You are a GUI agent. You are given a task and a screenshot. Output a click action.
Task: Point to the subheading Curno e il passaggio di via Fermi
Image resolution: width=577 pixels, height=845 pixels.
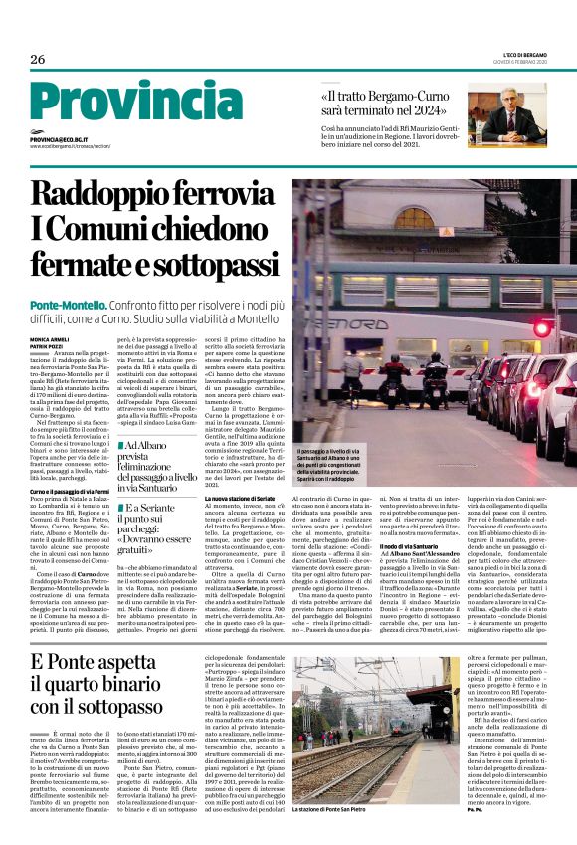click(x=71, y=490)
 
